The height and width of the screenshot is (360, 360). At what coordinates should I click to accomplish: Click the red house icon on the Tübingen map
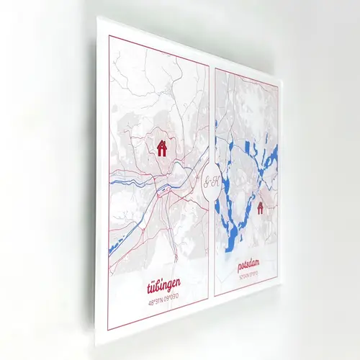click(162, 148)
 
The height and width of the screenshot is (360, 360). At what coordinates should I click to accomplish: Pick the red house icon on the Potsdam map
click(260, 208)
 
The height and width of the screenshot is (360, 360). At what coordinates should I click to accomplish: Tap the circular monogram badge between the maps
click(212, 181)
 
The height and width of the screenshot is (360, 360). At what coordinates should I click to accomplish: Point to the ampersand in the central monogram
click(212, 181)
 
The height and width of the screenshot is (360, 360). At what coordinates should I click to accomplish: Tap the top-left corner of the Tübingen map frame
click(109, 34)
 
